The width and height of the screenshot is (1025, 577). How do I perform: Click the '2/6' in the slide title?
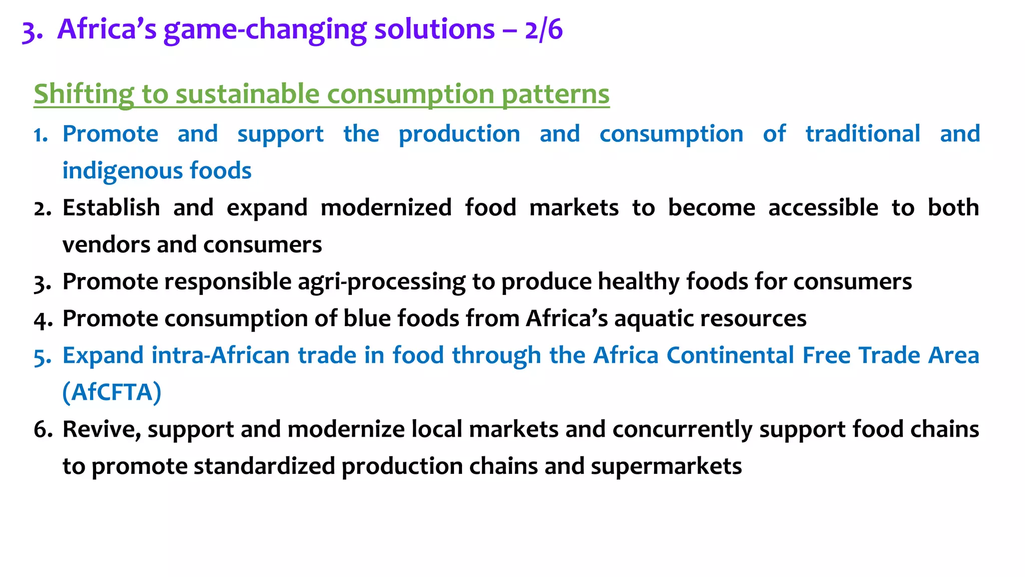(x=544, y=30)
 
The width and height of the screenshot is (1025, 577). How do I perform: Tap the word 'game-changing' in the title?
(x=265, y=31)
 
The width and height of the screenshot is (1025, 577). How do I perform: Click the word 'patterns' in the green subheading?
(x=556, y=94)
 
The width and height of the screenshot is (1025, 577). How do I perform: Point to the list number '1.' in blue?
(x=41, y=135)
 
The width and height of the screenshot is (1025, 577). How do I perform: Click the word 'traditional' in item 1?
(x=863, y=134)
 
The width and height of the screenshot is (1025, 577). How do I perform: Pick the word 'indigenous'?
(x=122, y=171)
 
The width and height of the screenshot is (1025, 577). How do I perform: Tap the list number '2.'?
(x=43, y=208)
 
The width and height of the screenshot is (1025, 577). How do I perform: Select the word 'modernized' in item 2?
(x=386, y=208)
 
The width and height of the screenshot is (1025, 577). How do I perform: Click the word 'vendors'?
(x=106, y=245)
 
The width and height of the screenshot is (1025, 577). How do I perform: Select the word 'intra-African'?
(x=221, y=356)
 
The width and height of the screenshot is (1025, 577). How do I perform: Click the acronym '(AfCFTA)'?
(x=112, y=392)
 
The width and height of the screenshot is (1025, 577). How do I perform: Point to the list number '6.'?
(x=43, y=430)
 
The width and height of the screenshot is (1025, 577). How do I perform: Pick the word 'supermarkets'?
(x=666, y=466)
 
